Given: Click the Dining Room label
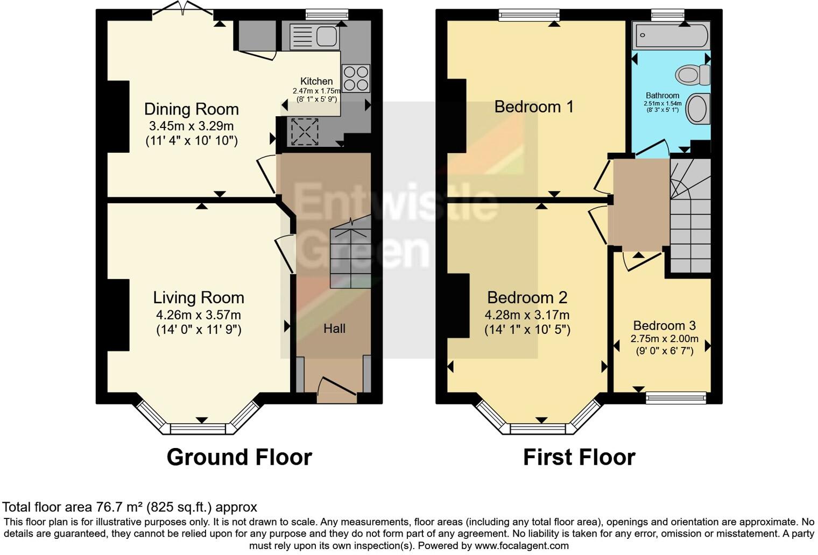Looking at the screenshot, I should tap(191, 109).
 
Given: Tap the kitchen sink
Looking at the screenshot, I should tap(314, 37).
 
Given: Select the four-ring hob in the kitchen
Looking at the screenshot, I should tap(356, 79).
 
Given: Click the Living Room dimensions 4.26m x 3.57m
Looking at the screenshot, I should tap(199, 315).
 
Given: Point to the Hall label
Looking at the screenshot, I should tap(334, 329).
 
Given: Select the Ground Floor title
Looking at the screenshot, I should tap(239, 457).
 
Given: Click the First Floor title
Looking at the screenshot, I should tap(579, 457).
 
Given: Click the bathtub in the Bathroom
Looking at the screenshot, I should tap(671, 35).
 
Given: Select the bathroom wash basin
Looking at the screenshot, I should tap(698, 108).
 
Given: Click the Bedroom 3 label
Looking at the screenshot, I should tap(664, 325).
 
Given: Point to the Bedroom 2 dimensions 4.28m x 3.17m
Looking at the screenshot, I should tap(527, 315).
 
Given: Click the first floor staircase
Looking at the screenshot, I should tap(689, 215).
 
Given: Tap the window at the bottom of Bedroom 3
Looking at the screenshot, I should tap(676, 398).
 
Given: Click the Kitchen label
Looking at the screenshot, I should tap(316, 81).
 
